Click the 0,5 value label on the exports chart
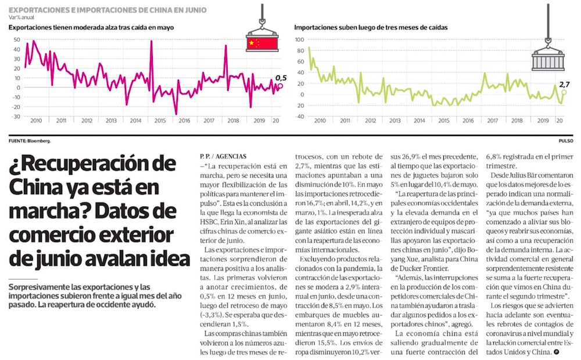[281, 77]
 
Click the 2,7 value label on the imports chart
[563, 84]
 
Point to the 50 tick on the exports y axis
[16, 40]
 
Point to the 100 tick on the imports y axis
[300, 40]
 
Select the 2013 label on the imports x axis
[394, 120]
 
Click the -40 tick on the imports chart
[300, 116]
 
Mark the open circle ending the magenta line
[280, 86]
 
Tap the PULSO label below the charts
[566, 141]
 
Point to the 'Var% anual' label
[21, 17]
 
